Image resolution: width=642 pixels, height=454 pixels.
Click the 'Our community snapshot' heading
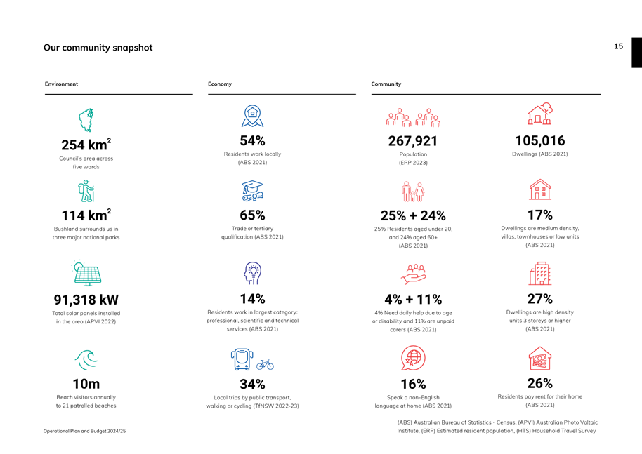98,48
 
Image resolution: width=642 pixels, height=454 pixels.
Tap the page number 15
618,46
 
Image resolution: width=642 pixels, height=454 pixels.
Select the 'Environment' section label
62,84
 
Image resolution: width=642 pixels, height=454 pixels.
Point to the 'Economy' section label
220,84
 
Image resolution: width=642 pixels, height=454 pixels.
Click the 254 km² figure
86,145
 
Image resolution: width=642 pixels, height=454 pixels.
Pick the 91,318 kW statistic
86,300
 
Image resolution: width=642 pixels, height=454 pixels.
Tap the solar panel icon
87,274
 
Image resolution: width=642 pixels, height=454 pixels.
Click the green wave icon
86,359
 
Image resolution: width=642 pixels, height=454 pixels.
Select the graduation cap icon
252,191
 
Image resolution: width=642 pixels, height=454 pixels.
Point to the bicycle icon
265,364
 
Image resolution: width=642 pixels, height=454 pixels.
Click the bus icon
242,359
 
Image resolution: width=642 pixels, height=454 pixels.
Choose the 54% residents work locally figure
252,141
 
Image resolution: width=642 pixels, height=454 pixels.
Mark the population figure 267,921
413,141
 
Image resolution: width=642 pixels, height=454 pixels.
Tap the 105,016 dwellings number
539,141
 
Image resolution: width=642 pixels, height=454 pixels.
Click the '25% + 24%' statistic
413,215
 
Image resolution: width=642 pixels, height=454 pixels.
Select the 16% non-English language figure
413,384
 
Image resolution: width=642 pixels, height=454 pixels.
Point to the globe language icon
413,358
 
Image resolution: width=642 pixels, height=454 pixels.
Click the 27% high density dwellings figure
539,299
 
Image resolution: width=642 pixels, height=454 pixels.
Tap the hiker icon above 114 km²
86,191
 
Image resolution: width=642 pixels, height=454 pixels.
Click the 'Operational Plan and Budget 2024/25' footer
85,431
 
